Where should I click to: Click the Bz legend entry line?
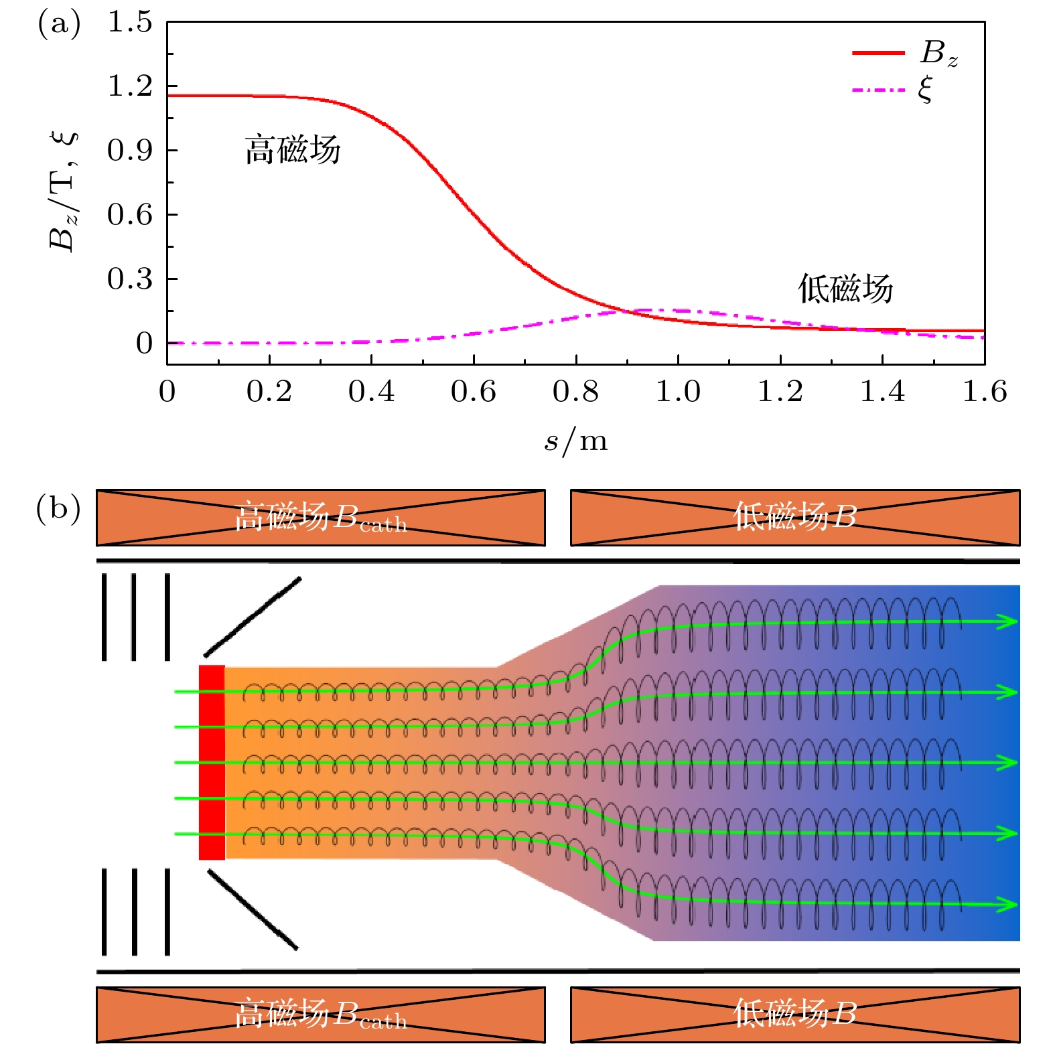pyautogui.click(x=878, y=53)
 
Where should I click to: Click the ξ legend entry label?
pyautogui.click(x=925, y=89)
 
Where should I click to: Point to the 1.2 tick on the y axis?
pyautogui.click(x=131, y=86)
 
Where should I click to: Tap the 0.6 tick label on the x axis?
pyautogui.click(x=473, y=392)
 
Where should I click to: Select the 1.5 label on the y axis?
pyautogui.click(x=131, y=22)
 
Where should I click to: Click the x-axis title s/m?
pyautogui.click(x=576, y=441)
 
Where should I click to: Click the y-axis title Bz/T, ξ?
pyautogui.click(x=64, y=191)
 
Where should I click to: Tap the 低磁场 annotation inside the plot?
pyautogui.click(x=845, y=289)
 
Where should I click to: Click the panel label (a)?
pyautogui.click(x=59, y=25)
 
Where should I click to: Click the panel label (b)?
pyautogui.click(x=58, y=508)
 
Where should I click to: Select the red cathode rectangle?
pyautogui.click(x=212, y=762)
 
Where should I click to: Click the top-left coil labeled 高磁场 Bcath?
pyautogui.click(x=320, y=518)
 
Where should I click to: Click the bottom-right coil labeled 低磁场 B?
pyautogui.click(x=794, y=1014)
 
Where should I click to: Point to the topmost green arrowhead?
pyautogui.click(x=1007, y=621)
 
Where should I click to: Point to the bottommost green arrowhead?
pyautogui.click(x=1007, y=905)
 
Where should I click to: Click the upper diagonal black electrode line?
pyautogui.click(x=253, y=617)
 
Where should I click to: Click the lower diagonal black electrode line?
pyautogui.click(x=253, y=909)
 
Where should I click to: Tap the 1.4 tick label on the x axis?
pyautogui.click(x=882, y=392)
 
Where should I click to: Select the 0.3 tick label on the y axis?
pyautogui.click(x=131, y=279)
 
